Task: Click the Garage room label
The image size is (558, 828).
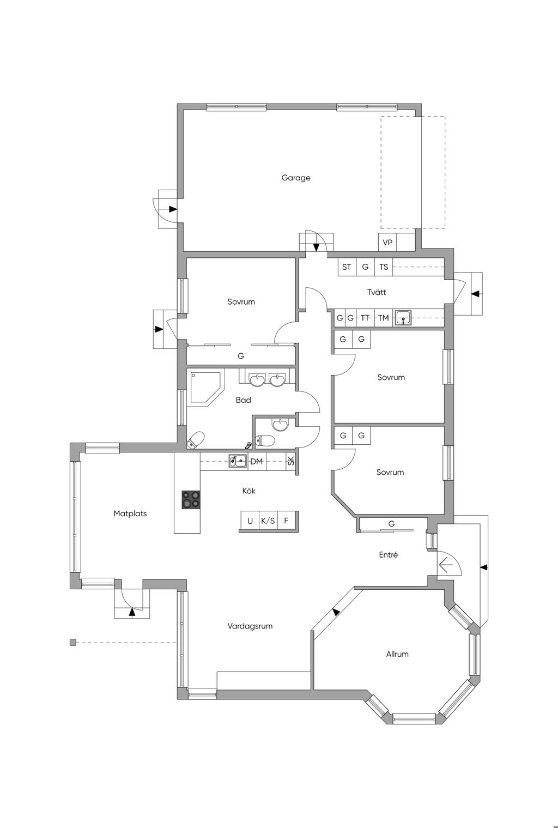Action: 296,178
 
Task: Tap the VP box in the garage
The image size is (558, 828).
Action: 387,242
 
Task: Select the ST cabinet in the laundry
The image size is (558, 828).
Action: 347,267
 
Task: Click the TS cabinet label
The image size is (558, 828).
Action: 384,267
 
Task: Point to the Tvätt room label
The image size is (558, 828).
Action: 377,292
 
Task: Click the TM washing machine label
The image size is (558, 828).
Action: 384,318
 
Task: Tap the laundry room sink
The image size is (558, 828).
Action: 403,318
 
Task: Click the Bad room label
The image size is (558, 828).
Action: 243,400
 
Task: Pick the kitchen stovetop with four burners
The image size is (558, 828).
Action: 191,500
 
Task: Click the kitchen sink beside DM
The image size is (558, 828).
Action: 238,461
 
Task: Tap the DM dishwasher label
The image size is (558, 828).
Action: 257,461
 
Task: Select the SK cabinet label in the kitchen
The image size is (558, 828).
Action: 291,461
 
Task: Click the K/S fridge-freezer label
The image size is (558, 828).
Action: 268,521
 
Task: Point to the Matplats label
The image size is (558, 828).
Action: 130,513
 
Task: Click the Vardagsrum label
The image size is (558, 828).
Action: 250,626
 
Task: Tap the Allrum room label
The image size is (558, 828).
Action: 397,654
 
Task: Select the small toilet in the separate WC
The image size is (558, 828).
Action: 266,440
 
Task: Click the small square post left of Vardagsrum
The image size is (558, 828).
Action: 73,643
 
